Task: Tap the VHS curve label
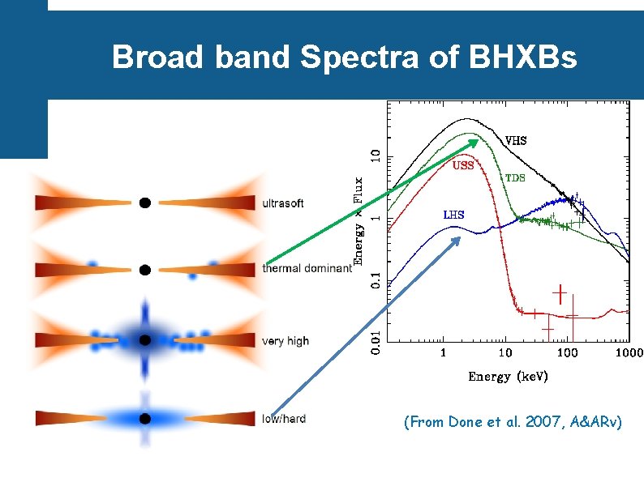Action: click(516, 140)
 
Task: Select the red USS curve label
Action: click(463, 165)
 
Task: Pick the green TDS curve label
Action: click(515, 177)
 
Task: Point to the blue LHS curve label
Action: click(453, 215)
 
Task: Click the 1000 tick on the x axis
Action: click(629, 352)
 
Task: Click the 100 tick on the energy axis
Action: click(567, 352)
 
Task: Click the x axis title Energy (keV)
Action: click(508, 377)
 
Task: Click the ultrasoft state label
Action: click(283, 203)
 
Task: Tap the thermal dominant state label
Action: click(307, 268)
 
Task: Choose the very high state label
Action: click(286, 341)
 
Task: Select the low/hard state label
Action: click(284, 419)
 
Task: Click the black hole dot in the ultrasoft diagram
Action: click(144, 203)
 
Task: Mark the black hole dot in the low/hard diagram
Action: click(144, 419)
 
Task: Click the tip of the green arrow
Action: click(478, 141)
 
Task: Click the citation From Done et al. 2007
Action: click(513, 423)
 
